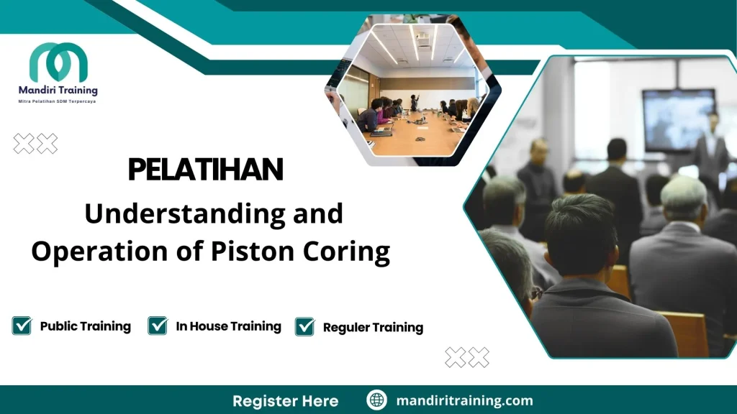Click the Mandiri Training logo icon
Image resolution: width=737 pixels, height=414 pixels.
click(58, 63)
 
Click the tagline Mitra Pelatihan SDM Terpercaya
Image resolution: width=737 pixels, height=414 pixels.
click(58, 101)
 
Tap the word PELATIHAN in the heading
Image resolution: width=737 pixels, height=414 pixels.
click(205, 170)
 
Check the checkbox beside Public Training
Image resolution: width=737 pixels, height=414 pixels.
click(22, 326)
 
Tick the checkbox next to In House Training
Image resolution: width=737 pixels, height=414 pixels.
click(158, 326)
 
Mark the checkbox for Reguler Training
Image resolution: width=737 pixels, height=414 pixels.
click(304, 326)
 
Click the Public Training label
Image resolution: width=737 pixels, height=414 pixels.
click(85, 326)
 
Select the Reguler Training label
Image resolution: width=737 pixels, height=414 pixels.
click(373, 328)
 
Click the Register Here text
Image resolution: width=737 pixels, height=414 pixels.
click(285, 400)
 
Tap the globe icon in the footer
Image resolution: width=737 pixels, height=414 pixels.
click(376, 400)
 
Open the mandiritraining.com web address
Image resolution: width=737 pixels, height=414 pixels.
click(464, 400)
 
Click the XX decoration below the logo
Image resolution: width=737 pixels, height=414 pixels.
click(35, 144)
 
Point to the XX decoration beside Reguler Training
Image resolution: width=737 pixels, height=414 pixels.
click(466, 356)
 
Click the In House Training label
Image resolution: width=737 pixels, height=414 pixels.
click(228, 326)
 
